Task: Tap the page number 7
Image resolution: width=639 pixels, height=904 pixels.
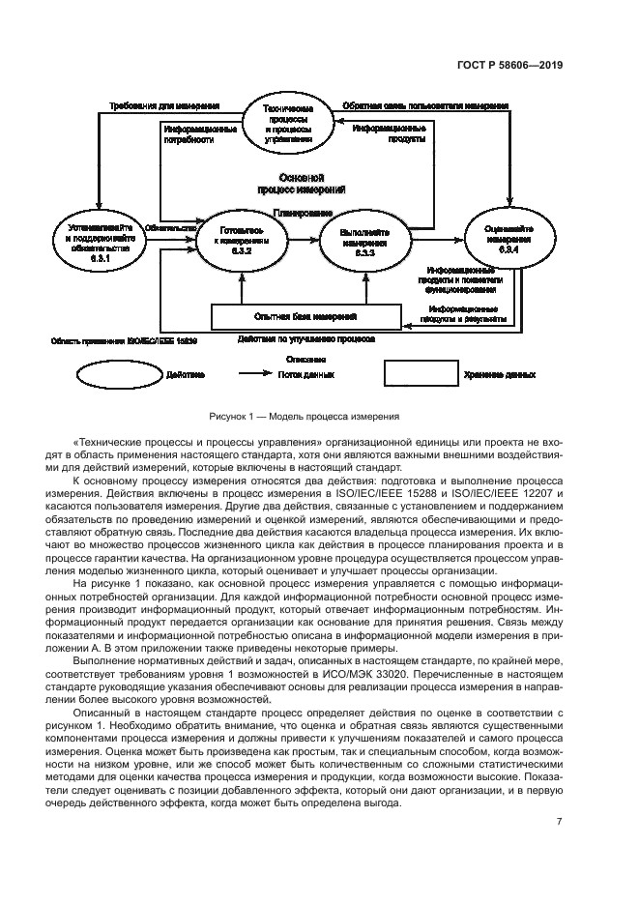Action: pyautogui.click(x=560, y=822)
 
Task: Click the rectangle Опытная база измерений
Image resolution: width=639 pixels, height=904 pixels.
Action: pyautogui.click(x=305, y=316)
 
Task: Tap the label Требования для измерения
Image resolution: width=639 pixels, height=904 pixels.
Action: pyautogui.click(x=164, y=105)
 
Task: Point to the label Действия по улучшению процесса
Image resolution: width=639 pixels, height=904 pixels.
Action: pyautogui.click(x=305, y=339)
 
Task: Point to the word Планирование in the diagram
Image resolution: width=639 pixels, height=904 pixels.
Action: pyautogui.click(x=303, y=212)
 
